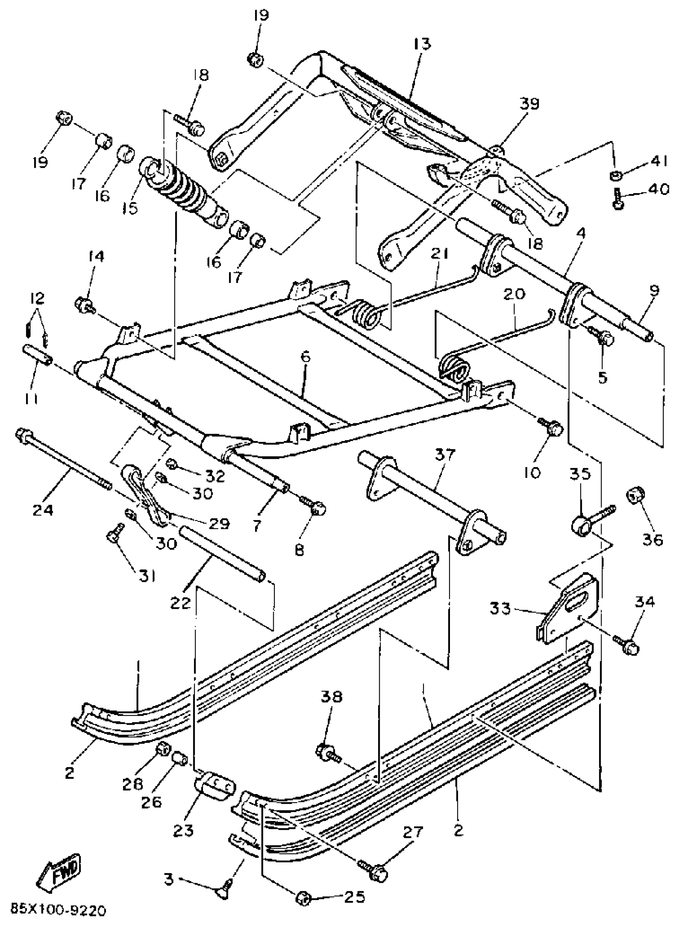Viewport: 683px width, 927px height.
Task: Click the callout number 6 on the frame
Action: (305, 356)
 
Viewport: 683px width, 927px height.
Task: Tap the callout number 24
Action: (43, 510)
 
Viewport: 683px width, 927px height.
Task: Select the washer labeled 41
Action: (616, 175)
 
